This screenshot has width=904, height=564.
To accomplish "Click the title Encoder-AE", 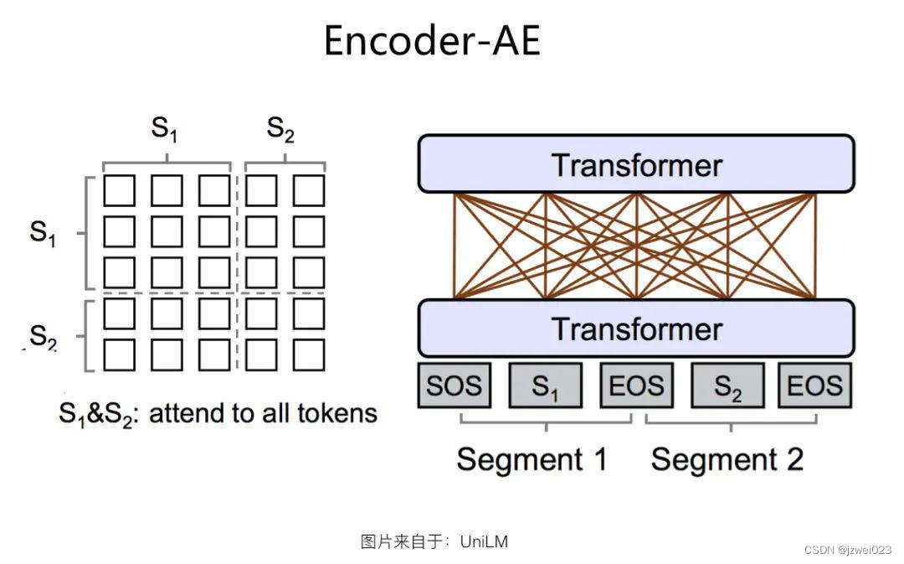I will [432, 40].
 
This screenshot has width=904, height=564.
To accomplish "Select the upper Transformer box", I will [636, 164].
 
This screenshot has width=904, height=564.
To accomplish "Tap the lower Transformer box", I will [636, 329].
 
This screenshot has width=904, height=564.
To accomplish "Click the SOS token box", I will [454, 385].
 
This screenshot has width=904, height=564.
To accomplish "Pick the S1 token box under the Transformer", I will [546, 385].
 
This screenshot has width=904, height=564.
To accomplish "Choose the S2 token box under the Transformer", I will [727, 385].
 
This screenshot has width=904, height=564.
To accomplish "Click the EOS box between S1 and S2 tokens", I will [636, 385].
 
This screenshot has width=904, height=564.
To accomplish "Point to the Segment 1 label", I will [532, 459].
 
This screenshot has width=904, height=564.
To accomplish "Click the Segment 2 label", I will [727, 459].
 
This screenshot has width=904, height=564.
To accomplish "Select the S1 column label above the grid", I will [164, 129].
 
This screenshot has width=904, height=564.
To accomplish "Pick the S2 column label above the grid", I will [280, 129].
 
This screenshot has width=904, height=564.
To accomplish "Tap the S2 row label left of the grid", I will [43, 337].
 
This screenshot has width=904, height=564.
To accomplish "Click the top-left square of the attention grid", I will [119, 190].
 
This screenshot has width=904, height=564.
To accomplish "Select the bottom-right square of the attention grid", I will [309, 354].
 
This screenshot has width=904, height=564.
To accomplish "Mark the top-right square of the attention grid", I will [309, 190].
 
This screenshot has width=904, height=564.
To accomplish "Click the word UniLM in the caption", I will [484, 541].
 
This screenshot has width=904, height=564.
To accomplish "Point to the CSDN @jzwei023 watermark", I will [847, 550].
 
